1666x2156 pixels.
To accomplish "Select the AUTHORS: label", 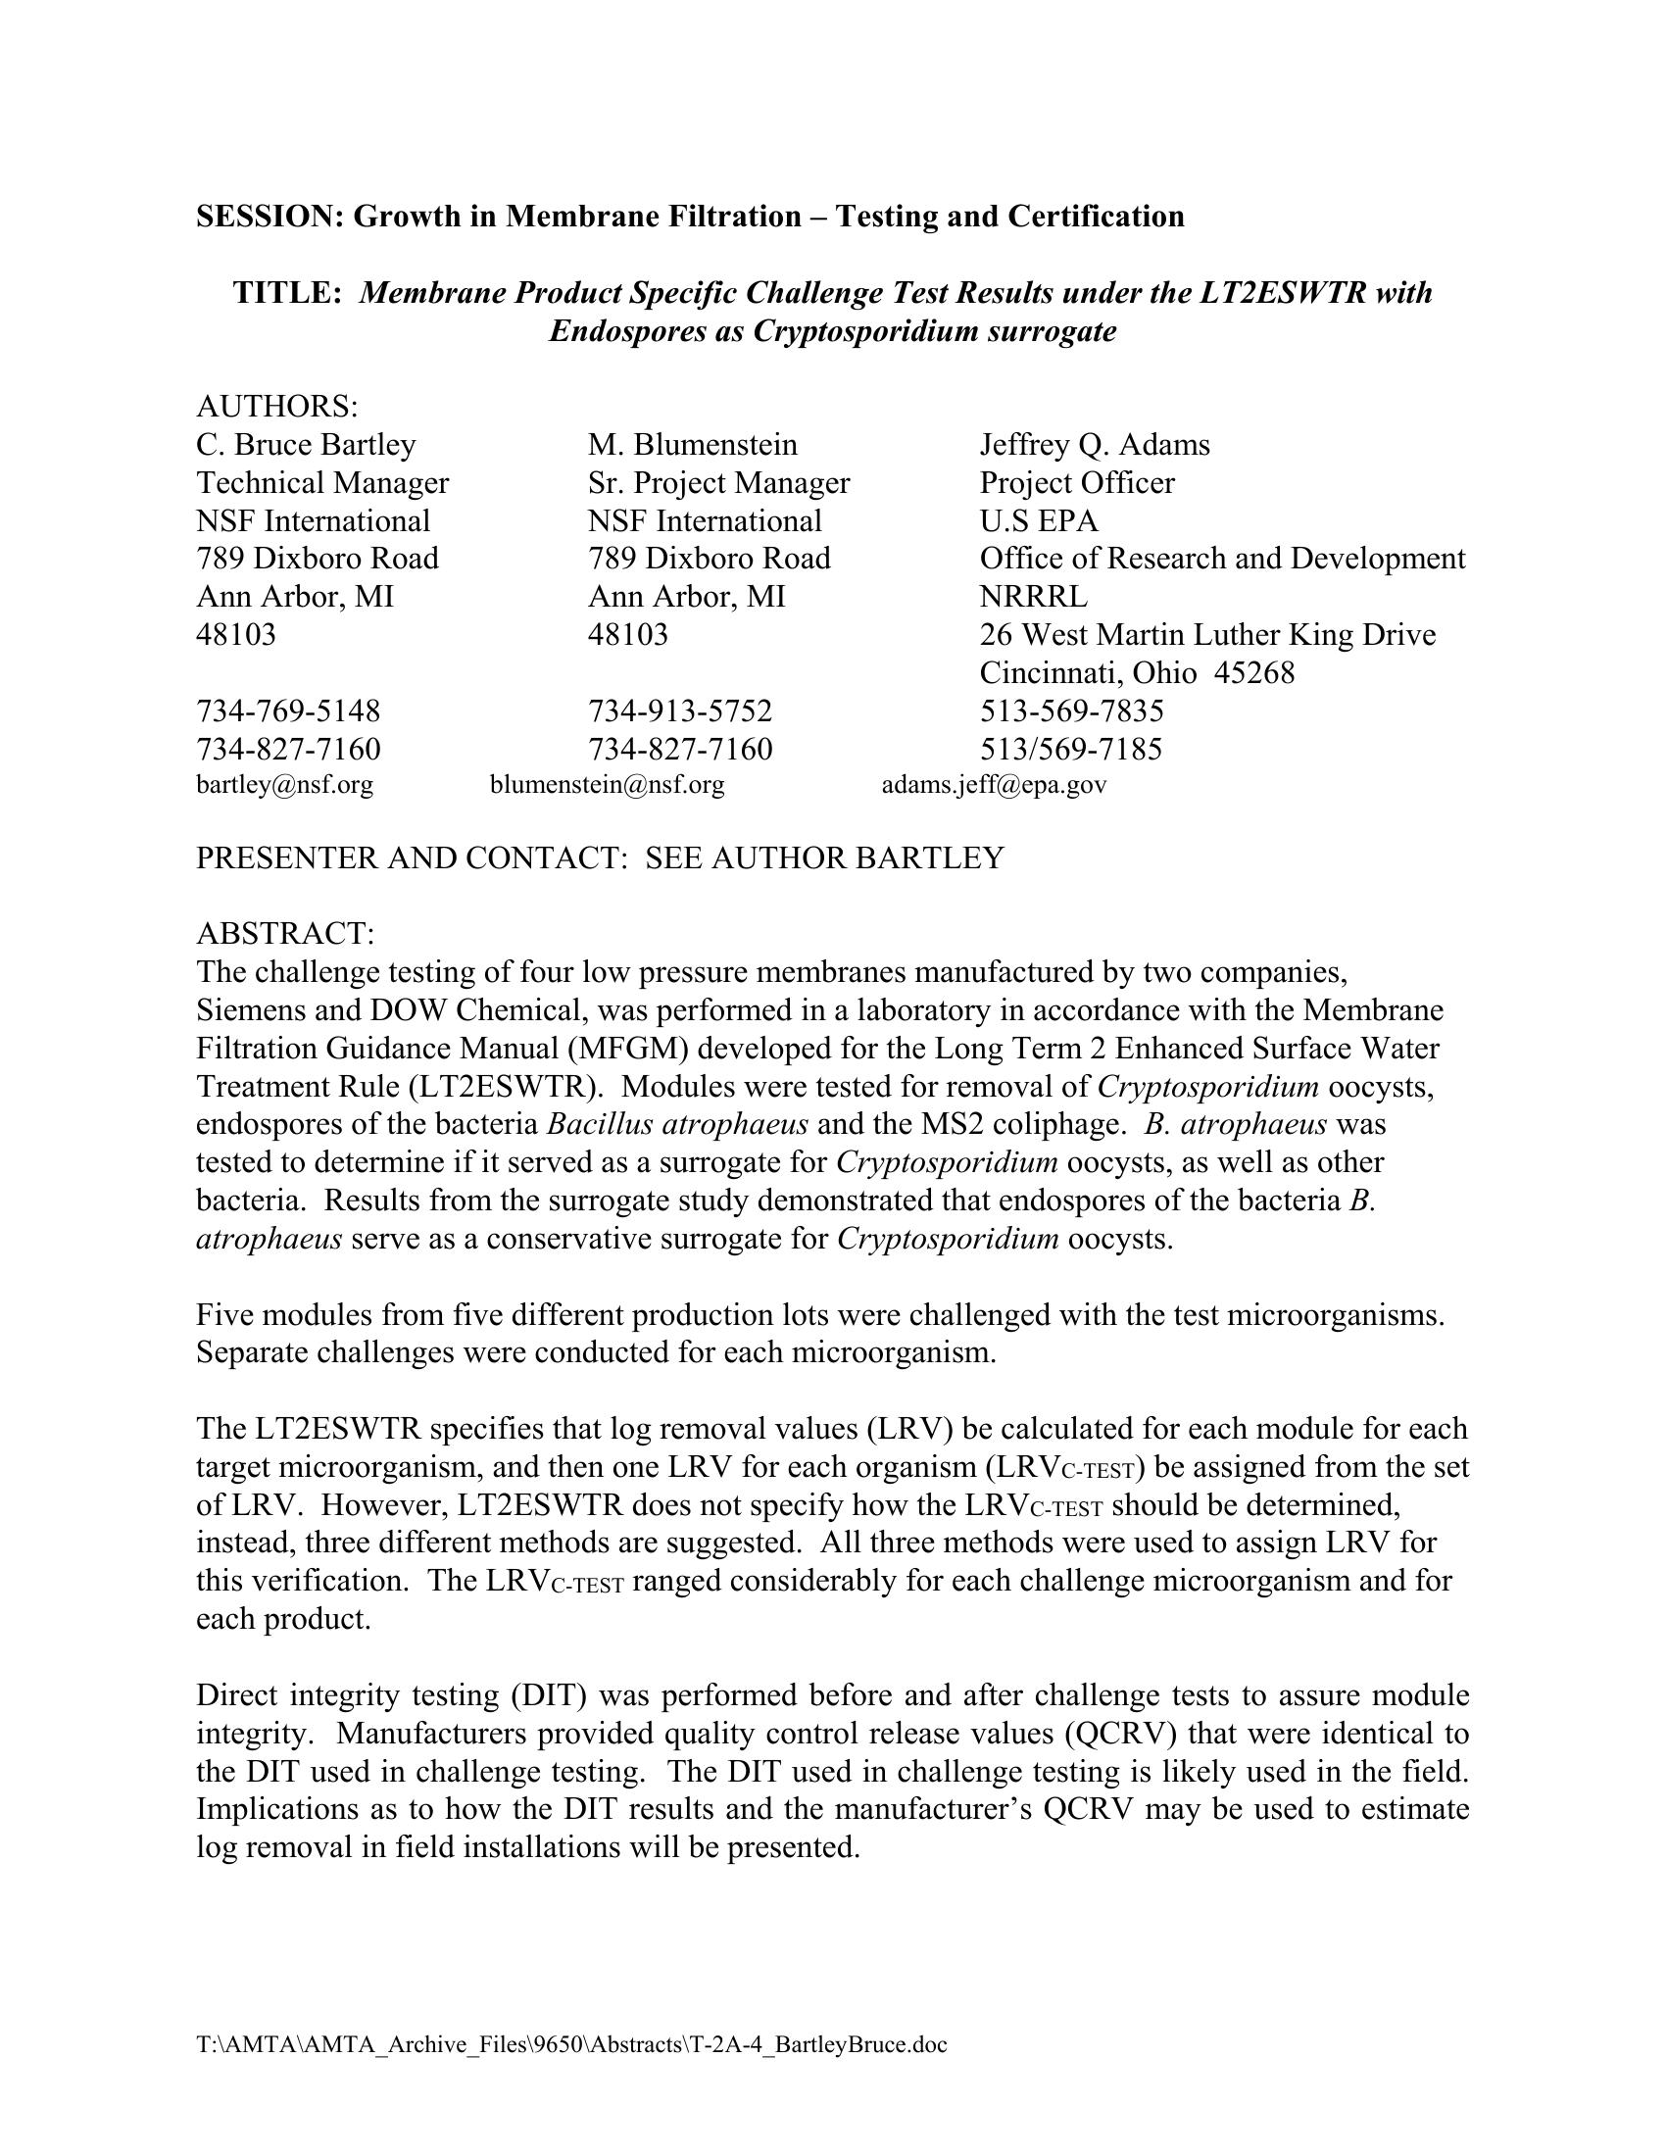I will pos(277,406).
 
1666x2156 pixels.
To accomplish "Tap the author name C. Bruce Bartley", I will pos(306,444).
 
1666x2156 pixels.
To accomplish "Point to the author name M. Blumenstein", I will pos(692,444).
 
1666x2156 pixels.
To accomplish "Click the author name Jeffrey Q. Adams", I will pos(1095,444).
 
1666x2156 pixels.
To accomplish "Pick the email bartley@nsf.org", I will pos(284,785).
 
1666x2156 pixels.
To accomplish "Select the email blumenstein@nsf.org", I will pos(607,785).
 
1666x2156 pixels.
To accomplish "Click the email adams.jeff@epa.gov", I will pos(994,785).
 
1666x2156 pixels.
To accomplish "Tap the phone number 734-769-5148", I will pos(288,710).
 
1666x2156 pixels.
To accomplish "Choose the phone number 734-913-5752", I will pos(680,710).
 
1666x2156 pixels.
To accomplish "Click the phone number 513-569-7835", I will pos(1072,710).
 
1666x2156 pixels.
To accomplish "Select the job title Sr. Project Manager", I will pos(718,483).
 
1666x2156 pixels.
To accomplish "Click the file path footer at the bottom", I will pos(571,2044).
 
